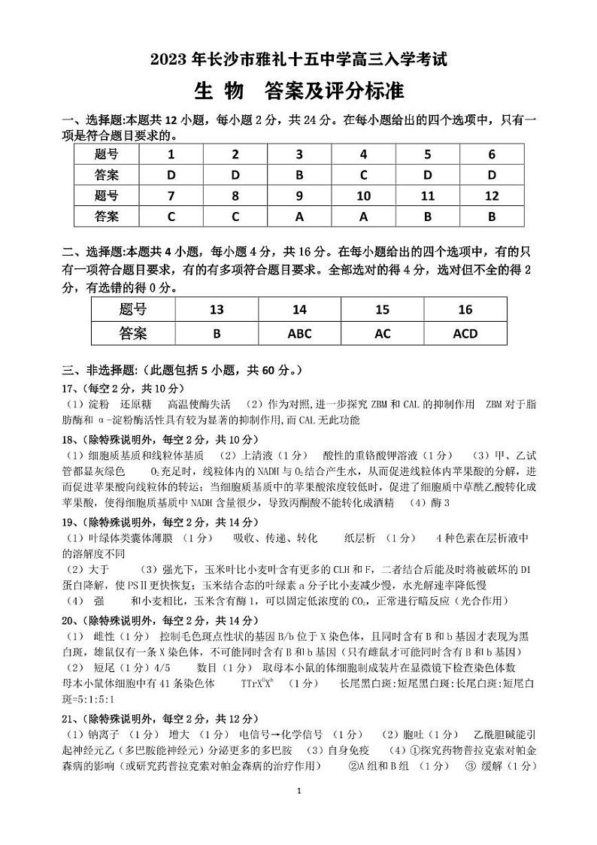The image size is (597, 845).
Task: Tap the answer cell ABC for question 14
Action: coord(299,333)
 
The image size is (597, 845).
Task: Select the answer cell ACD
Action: coord(465,333)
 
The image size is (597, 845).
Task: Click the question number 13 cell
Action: coord(217,310)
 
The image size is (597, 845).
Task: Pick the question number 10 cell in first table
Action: coord(363,196)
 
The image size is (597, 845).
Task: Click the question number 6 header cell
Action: coord(492,155)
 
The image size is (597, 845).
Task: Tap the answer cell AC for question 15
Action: coord(383,333)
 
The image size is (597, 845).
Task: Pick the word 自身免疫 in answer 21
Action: coord(350,750)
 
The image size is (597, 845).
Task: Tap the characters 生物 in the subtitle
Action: coord(219,91)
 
